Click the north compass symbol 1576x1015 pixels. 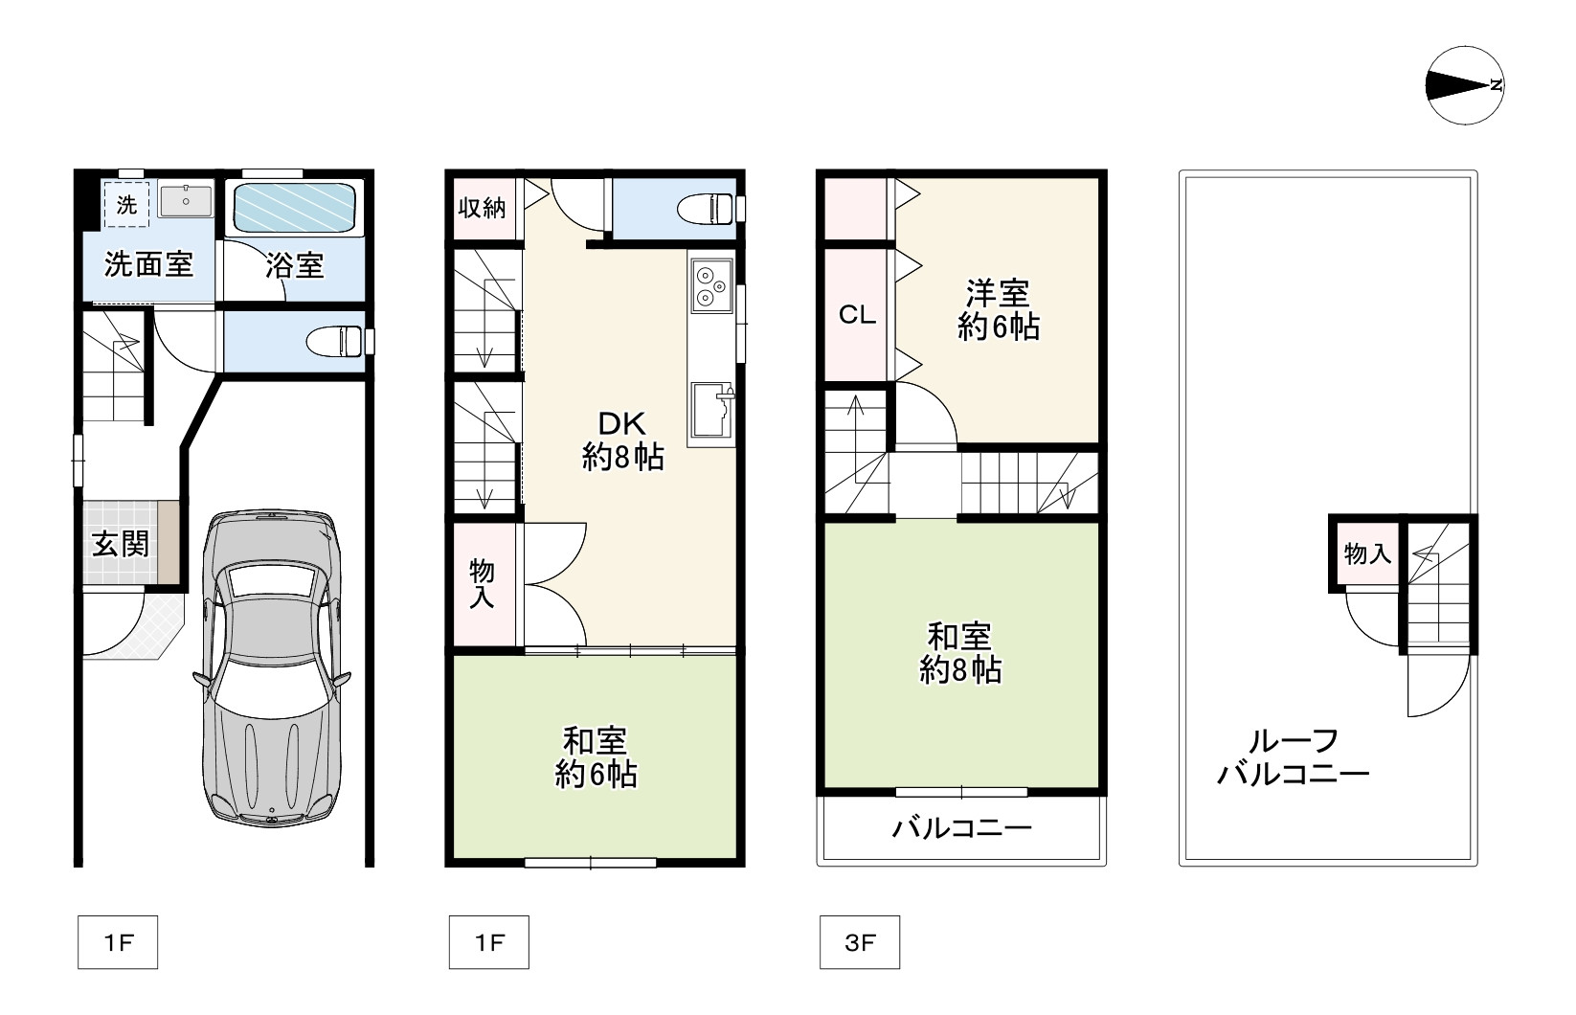click(x=1465, y=86)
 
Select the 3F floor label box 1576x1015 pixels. click(x=859, y=942)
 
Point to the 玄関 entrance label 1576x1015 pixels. click(x=121, y=544)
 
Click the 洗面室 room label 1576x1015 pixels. click(x=148, y=264)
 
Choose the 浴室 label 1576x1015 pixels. click(x=295, y=266)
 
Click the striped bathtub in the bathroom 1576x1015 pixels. click(x=295, y=208)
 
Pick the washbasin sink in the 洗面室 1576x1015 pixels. click(x=185, y=201)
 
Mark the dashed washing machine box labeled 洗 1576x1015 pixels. click(x=126, y=204)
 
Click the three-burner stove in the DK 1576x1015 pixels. click(x=711, y=285)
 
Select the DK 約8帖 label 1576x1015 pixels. click(x=622, y=440)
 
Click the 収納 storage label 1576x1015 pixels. click(x=482, y=208)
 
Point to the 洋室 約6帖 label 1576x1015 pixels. click(x=999, y=310)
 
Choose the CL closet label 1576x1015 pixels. click(x=857, y=314)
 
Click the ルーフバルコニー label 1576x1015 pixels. click(x=1294, y=757)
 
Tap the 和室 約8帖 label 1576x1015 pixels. click(x=960, y=653)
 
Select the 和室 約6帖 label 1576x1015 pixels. click(x=596, y=757)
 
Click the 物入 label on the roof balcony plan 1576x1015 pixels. click(x=1367, y=553)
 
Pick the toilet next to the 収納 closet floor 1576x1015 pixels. click(x=706, y=209)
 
